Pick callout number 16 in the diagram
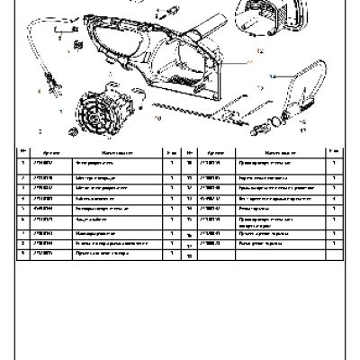(302, 120)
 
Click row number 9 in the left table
(23, 254)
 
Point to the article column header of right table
(217, 152)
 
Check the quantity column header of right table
(334, 152)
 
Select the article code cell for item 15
(217, 231)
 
